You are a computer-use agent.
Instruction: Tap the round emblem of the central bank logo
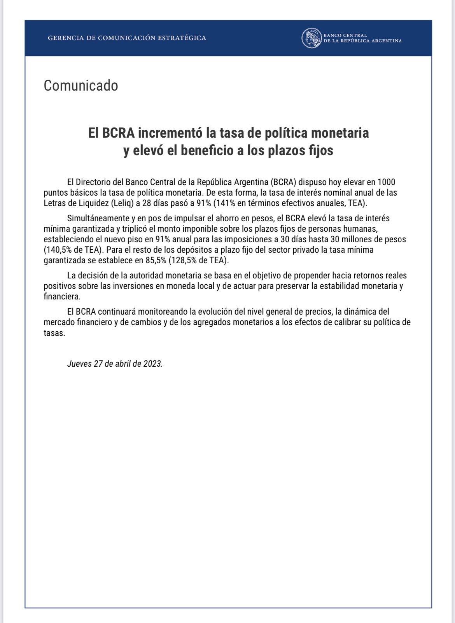[x=311, y=38]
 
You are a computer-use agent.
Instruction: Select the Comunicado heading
[x=80, y=86]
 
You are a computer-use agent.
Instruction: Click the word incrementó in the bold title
[x=171, y=133]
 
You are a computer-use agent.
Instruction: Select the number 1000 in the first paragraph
[x=387, y=182]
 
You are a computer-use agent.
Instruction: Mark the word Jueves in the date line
[x=79, y=364]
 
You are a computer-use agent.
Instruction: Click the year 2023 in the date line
[x=152, y=364]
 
